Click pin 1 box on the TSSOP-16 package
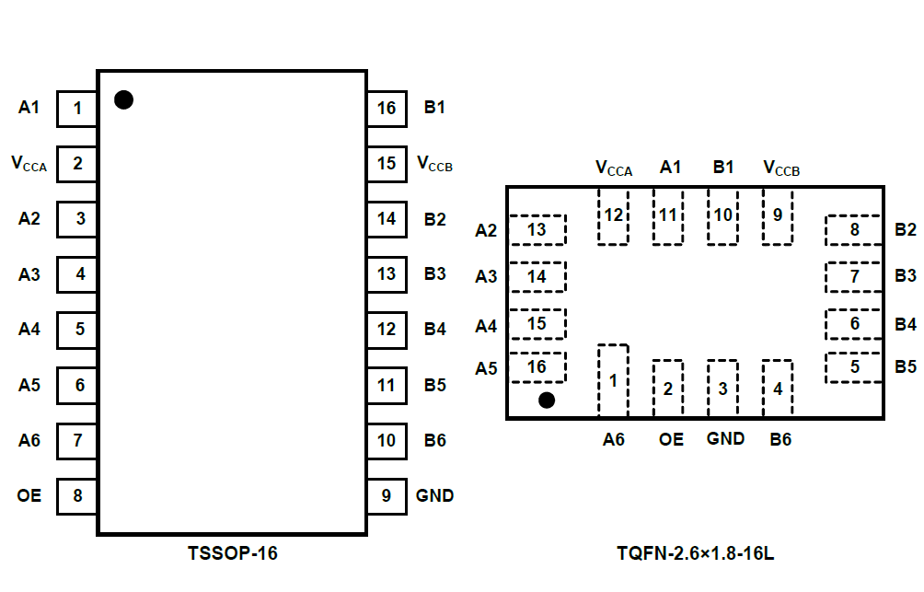(77, 109)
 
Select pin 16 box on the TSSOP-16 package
(387, 109)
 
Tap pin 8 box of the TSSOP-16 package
(77, 496)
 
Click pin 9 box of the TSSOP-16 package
(387, 496)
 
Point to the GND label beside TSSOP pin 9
(434, 495)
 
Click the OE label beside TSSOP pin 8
(29, 495)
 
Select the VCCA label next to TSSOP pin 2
(29, 165)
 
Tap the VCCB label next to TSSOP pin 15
(434, 165)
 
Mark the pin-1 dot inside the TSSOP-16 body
(123, 99)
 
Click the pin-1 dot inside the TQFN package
(547, 400)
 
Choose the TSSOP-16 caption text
(232, 554)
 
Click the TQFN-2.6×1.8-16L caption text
(696, 554)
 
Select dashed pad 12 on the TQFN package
(613, 217)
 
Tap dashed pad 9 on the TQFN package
(778, 217)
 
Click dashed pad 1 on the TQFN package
(613, 380)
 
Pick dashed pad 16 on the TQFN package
(537, 367)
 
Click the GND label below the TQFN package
(725, 439)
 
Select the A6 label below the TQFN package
(614, 440)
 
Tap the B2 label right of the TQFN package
(906, 230)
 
